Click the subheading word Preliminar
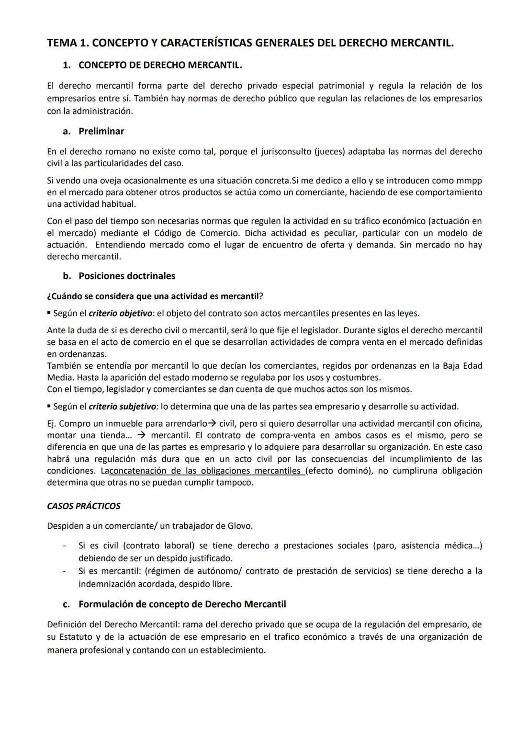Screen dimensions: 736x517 101,131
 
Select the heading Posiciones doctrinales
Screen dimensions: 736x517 127,276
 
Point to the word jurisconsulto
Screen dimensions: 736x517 286,151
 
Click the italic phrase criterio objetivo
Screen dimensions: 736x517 120,313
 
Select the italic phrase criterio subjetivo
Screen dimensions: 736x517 122,407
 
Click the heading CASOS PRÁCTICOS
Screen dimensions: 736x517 83,506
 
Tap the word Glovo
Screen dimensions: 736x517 240,526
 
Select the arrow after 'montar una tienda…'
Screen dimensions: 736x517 141,435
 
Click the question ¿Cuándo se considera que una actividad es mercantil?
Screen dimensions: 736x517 155,296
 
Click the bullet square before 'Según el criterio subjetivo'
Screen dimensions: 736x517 49,406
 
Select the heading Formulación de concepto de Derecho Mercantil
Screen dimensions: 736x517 182,604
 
